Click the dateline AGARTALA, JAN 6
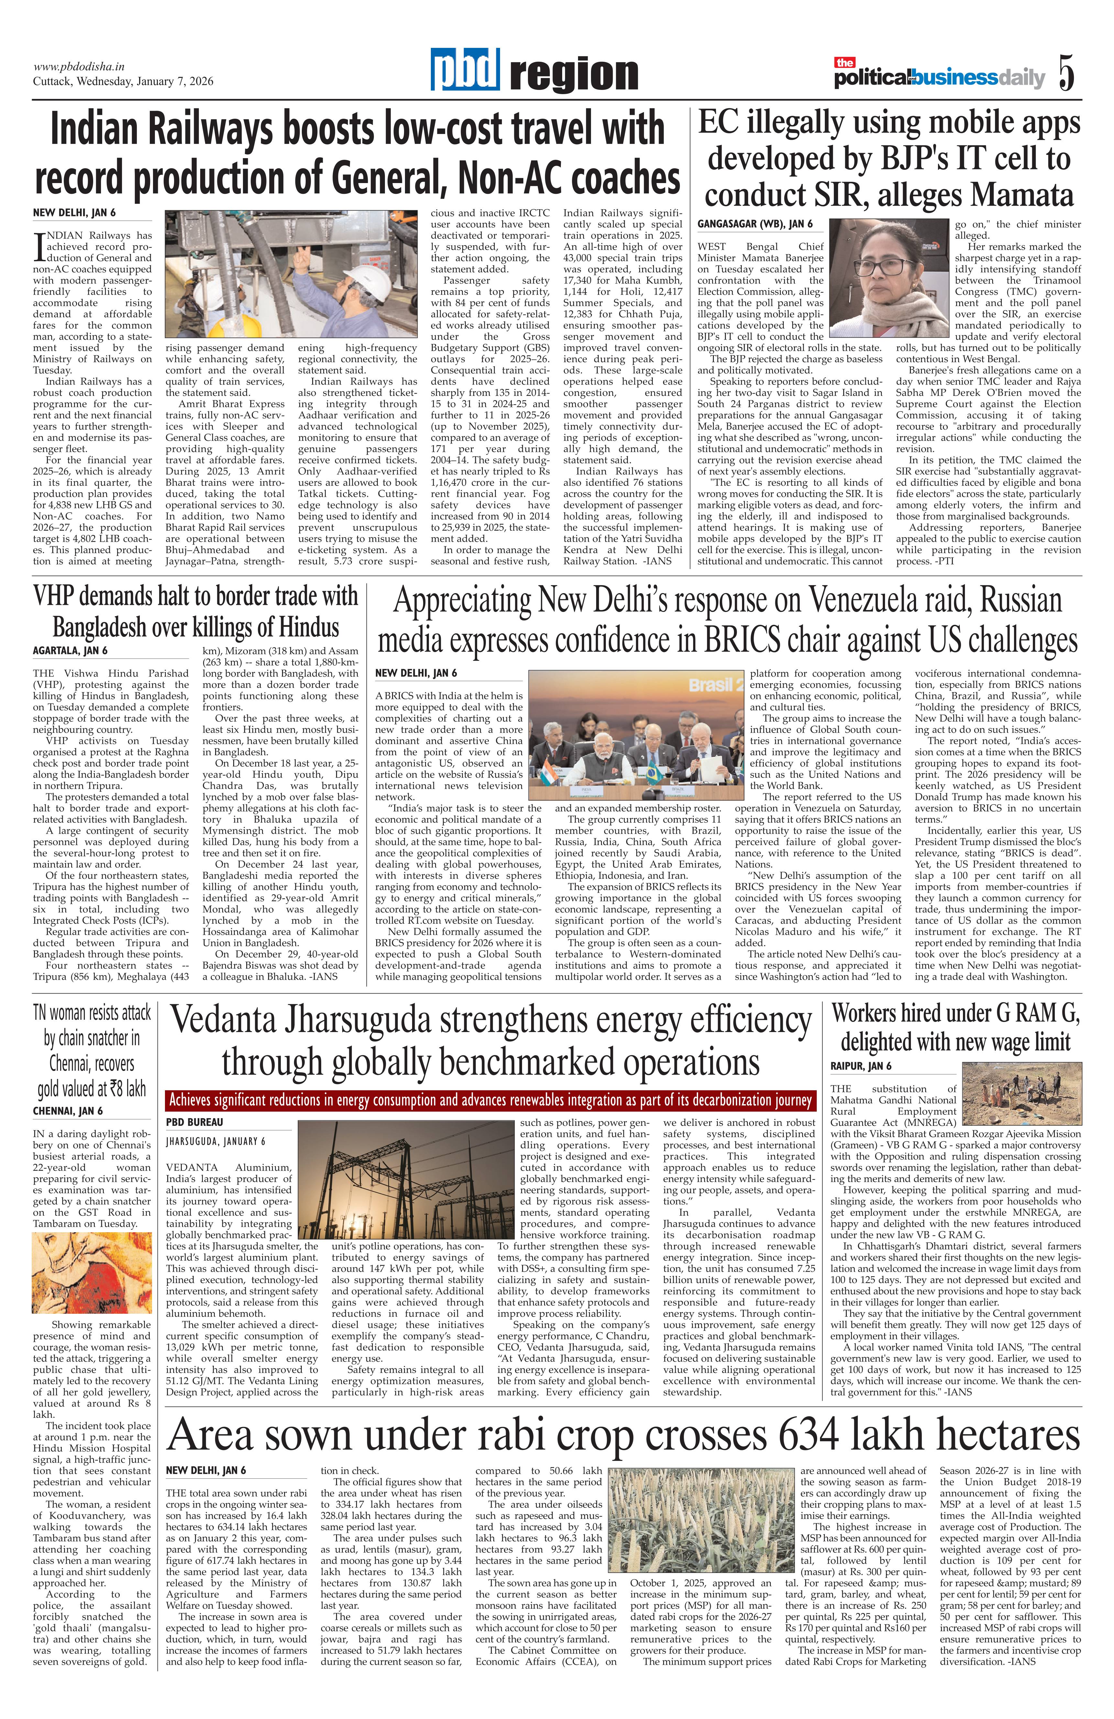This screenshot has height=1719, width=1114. [x=69, y=650]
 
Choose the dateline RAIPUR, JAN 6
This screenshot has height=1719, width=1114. [x=861, y=1066]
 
